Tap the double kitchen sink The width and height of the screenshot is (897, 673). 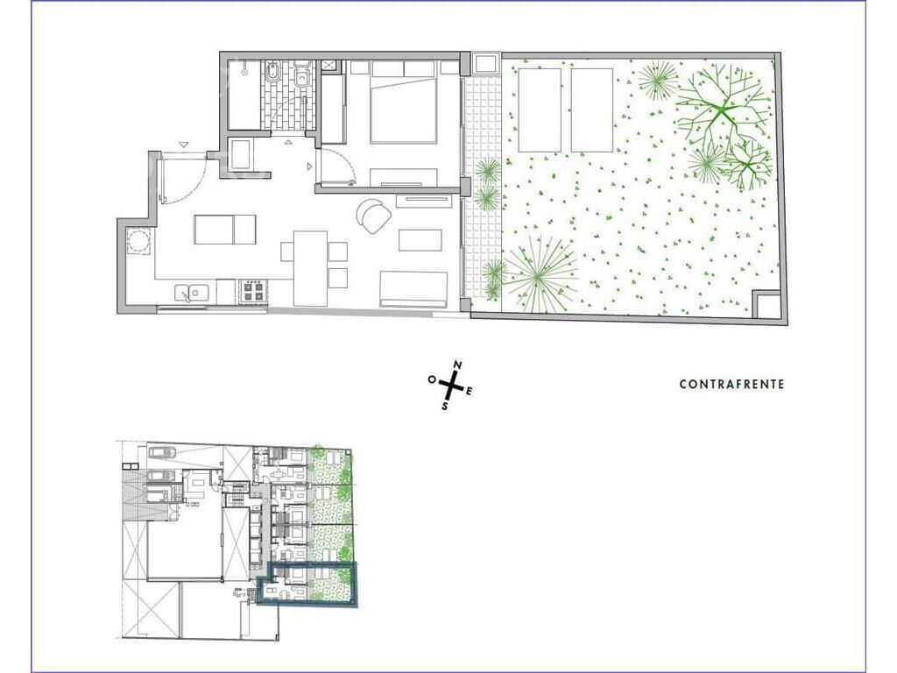192,293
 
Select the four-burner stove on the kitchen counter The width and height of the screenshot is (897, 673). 254,291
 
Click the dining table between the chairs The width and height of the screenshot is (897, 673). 311,268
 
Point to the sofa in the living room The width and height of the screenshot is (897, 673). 413,289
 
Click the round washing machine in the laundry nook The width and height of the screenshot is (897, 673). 138,240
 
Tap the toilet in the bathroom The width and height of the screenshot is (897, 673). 302,74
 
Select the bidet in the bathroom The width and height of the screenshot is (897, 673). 272,74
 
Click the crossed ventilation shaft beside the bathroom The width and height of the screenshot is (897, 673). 329,65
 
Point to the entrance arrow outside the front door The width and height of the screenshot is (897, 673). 183,145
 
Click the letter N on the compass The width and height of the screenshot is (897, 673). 457,365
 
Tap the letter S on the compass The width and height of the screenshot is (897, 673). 444,405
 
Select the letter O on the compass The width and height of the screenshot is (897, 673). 432,379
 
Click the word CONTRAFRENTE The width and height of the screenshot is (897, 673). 731,384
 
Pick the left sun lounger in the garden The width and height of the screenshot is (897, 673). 540,110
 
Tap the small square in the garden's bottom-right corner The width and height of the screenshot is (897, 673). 766,304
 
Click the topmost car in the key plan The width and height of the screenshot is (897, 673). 163,452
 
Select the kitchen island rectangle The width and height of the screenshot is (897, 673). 225,229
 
